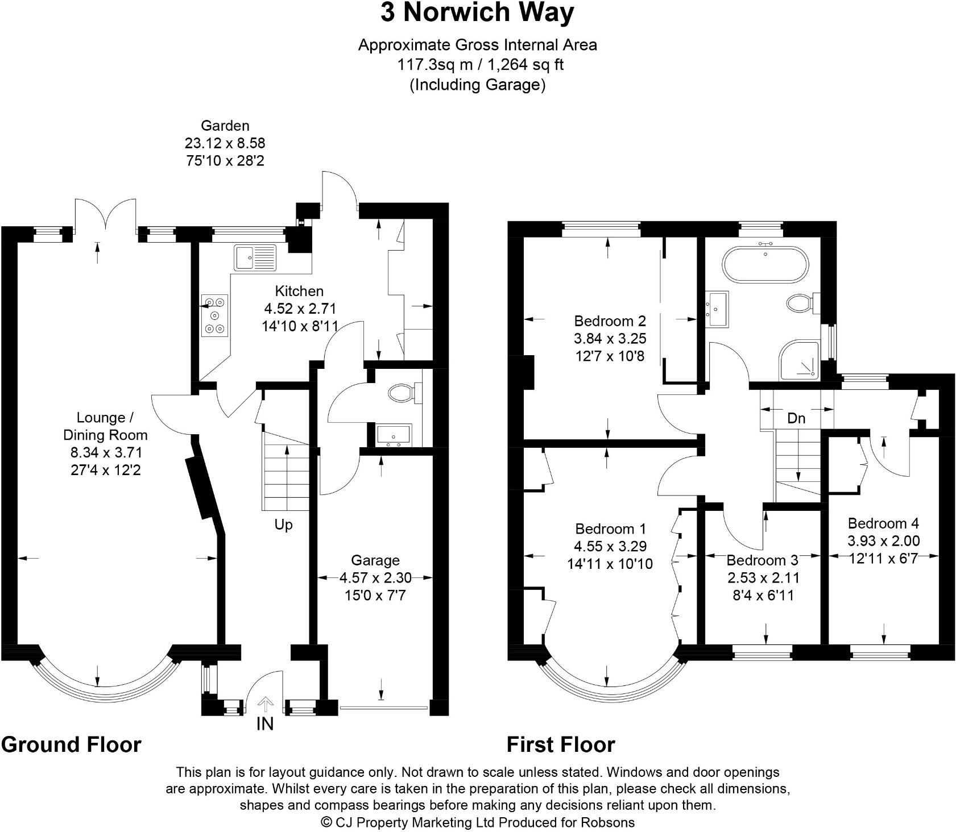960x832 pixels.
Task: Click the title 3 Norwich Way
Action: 477,13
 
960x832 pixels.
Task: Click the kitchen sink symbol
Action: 255,257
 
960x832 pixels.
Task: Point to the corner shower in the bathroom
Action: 800,360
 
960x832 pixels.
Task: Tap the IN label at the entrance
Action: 265,724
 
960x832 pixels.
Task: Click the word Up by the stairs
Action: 283,525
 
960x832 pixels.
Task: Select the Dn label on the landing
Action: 796,419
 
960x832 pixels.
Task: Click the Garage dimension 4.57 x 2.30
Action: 375,578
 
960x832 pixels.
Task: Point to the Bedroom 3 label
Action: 762,560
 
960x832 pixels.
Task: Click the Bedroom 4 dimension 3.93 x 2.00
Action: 883,541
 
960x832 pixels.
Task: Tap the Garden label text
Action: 225,126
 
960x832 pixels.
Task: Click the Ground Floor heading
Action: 71,744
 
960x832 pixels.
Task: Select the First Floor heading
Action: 561,744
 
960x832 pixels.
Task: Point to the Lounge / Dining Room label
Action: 105,426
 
